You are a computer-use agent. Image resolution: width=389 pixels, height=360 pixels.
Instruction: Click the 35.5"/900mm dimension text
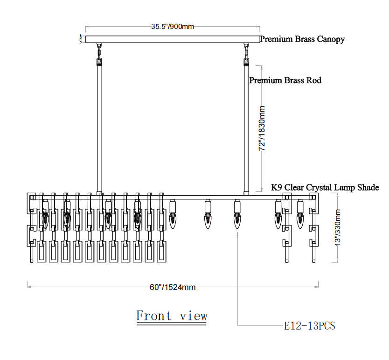pyautogui.click(x=172, y=26)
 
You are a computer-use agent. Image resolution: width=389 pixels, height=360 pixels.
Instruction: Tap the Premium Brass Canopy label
pyautogui.click(x=302, y=39)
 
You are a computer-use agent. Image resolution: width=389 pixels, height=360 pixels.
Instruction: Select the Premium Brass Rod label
pyautogui.click(x=285, y=80)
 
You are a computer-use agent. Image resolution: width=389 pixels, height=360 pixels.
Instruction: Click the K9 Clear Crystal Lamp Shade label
pyautogui.click(x=325, y=188)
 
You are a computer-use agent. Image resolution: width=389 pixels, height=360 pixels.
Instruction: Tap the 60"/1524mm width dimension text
pyautogui.click(x=172, y=287)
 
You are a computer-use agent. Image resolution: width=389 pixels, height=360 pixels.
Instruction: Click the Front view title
pyautogui.click(x=172, y=316)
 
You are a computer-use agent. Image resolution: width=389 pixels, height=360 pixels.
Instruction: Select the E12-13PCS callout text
pyautogui.click(x=310, y=325)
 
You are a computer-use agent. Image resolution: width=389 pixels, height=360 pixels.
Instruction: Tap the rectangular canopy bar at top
pyautogui.click(x=172, y=39)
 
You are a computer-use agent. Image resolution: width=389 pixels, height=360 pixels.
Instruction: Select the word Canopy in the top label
pyautogui.click(x=331, y=39)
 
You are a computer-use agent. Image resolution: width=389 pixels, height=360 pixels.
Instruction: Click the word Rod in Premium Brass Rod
pyautogui.click(x=314, y=80)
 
